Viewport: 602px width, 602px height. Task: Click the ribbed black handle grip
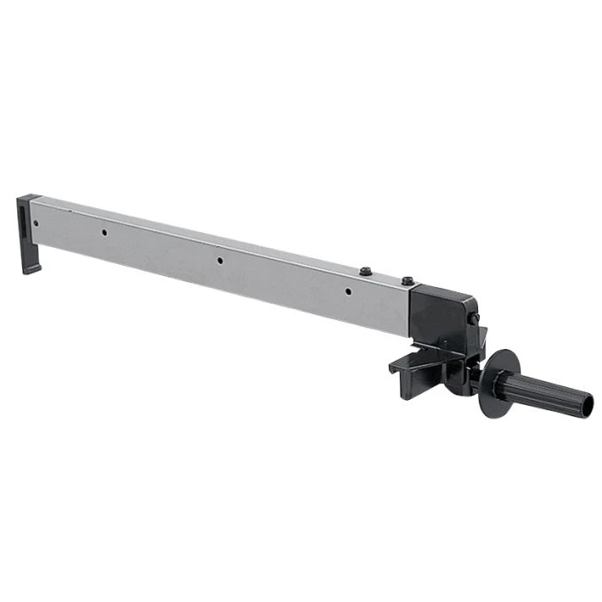(x=550, y=392)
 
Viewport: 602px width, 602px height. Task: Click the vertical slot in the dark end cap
(x=21, y=219)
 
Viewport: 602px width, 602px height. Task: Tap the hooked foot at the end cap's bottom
(x=30, y=267)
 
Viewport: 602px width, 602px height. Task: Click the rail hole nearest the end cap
(x=36, y=222)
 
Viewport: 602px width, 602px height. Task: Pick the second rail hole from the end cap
(x=103, y=232)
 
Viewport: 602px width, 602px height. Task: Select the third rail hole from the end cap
(x=219, y=260)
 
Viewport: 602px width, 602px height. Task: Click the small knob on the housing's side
(x=473, y=319)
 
